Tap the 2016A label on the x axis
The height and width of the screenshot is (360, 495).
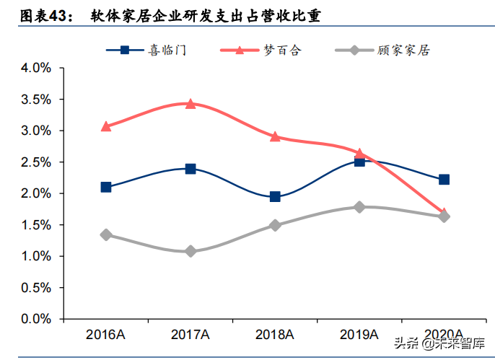coord(106,335)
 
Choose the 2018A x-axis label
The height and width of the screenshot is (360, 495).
coord(275,335)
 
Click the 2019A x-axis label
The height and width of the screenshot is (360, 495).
coord(359,335)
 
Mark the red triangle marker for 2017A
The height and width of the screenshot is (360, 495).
coord(190,104)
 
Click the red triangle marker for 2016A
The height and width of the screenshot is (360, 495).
coord(106,126)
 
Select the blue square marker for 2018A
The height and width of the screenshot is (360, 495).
coord(275,196)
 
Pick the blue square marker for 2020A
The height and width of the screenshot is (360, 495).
coord(444,179)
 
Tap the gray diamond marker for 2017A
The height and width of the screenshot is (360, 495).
coord(190,251)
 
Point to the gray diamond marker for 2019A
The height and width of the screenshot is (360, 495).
coord(359,207)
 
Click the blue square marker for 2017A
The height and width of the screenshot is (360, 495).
coord(190,169)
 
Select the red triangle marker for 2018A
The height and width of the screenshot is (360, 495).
coord(275,136)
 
